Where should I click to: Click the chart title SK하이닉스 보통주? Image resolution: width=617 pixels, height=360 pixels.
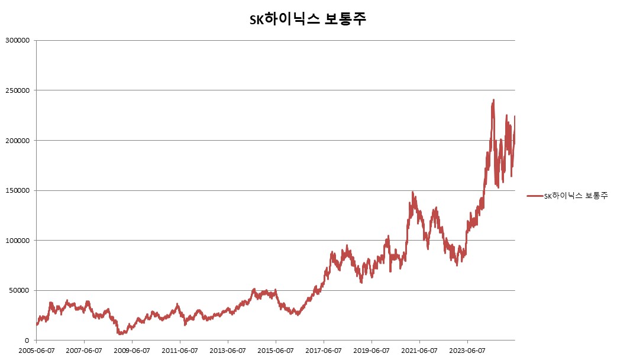point(308,19)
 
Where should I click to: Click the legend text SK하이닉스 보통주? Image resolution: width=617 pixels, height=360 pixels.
point(576,196)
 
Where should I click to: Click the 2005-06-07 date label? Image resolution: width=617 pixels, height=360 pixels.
point(36,350)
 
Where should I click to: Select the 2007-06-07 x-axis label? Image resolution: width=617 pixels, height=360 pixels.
point(84,350)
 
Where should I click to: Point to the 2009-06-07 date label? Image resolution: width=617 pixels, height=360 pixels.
point(132,350)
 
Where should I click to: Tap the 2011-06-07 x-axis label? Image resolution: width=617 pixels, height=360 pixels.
point(180,350)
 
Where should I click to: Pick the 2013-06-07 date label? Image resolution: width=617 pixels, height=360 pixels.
point(228,350)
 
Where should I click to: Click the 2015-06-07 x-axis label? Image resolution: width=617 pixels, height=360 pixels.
point(276,350)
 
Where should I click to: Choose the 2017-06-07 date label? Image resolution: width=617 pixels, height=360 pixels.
point(324,350)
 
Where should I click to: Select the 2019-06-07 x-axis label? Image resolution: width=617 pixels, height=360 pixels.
point(372,350)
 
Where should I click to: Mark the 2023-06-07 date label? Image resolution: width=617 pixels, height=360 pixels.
point(467,350)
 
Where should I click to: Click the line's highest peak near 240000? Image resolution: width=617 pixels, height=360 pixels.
point(493,100)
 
